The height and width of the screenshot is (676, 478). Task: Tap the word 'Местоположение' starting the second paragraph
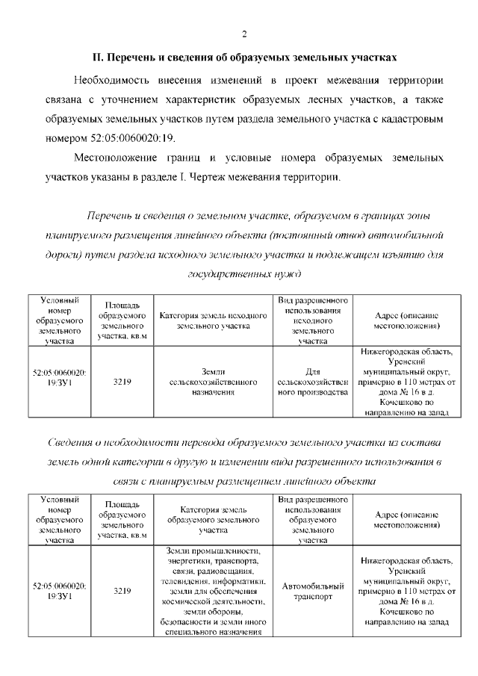pos(120,158)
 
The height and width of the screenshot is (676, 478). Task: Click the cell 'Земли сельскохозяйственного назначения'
pos(213,381)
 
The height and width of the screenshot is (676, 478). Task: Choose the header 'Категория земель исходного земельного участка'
pos(213,320)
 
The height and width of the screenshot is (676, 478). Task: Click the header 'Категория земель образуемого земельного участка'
pos(213,520)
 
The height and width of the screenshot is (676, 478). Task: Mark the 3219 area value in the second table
pos(122,591)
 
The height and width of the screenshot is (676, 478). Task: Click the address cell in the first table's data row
pos(406,381)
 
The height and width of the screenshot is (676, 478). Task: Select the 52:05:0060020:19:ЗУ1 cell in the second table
pos(60,591)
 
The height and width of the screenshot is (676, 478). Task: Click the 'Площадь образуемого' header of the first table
pos(122,320)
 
